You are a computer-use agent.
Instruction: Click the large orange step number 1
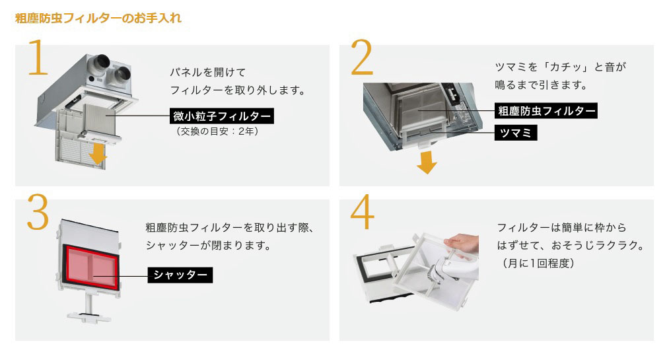(x=38, y=57)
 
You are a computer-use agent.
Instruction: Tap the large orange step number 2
(x=362, y=57)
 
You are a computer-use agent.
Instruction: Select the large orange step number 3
(x=38, y=212)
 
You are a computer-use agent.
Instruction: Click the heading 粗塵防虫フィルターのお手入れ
(x=98, y=18)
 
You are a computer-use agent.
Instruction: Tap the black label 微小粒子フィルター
(x=222, y=116)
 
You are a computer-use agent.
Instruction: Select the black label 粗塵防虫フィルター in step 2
(x=546, y=111)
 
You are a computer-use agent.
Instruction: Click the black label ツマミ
(x=516, y=133)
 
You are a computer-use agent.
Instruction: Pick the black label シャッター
(x=180, y=275)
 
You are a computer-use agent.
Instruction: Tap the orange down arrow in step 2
(x=426, y=162)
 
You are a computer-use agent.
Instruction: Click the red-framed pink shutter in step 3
(x=91, y=267)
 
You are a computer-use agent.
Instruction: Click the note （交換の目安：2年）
(x=217, y=131)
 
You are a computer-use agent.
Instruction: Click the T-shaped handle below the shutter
(x=89, y=308)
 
